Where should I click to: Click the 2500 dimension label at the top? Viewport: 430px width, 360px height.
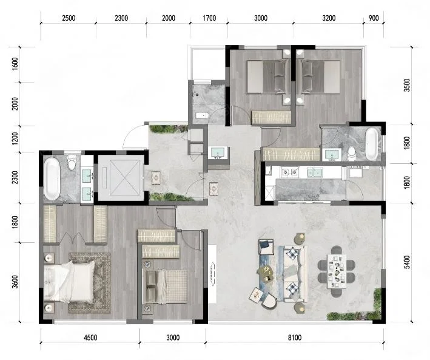click(69, 18)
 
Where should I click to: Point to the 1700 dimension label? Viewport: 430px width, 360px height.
click(209, 18)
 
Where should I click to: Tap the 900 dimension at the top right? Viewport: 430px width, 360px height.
click(374, 18)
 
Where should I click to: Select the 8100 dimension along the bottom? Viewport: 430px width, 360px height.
click(295, 338)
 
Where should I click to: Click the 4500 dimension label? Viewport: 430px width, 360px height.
click(90, 338)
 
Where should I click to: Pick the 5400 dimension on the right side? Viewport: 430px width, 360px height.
click(407, 262)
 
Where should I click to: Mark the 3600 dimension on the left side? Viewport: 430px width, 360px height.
click(15, 282)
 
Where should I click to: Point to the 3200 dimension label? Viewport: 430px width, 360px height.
click(329, 18)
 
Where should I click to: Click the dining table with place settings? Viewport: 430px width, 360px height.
click(337, 271)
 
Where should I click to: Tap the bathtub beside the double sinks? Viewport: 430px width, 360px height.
click(52, 178)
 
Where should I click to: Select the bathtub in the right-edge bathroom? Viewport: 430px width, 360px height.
click(371, 144)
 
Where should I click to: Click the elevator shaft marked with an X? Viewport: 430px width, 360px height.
click(121, 178)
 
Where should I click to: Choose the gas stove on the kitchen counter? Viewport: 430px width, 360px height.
click(289, 172)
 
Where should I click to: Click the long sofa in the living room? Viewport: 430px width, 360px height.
click(295, 274)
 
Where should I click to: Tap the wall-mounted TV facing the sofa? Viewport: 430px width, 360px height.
click(212, 274)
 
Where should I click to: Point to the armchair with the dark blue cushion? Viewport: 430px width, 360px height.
click(266, 247)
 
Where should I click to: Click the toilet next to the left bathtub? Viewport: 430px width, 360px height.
click(72, 162)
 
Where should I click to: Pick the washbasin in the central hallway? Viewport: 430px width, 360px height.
click(218, 152)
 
